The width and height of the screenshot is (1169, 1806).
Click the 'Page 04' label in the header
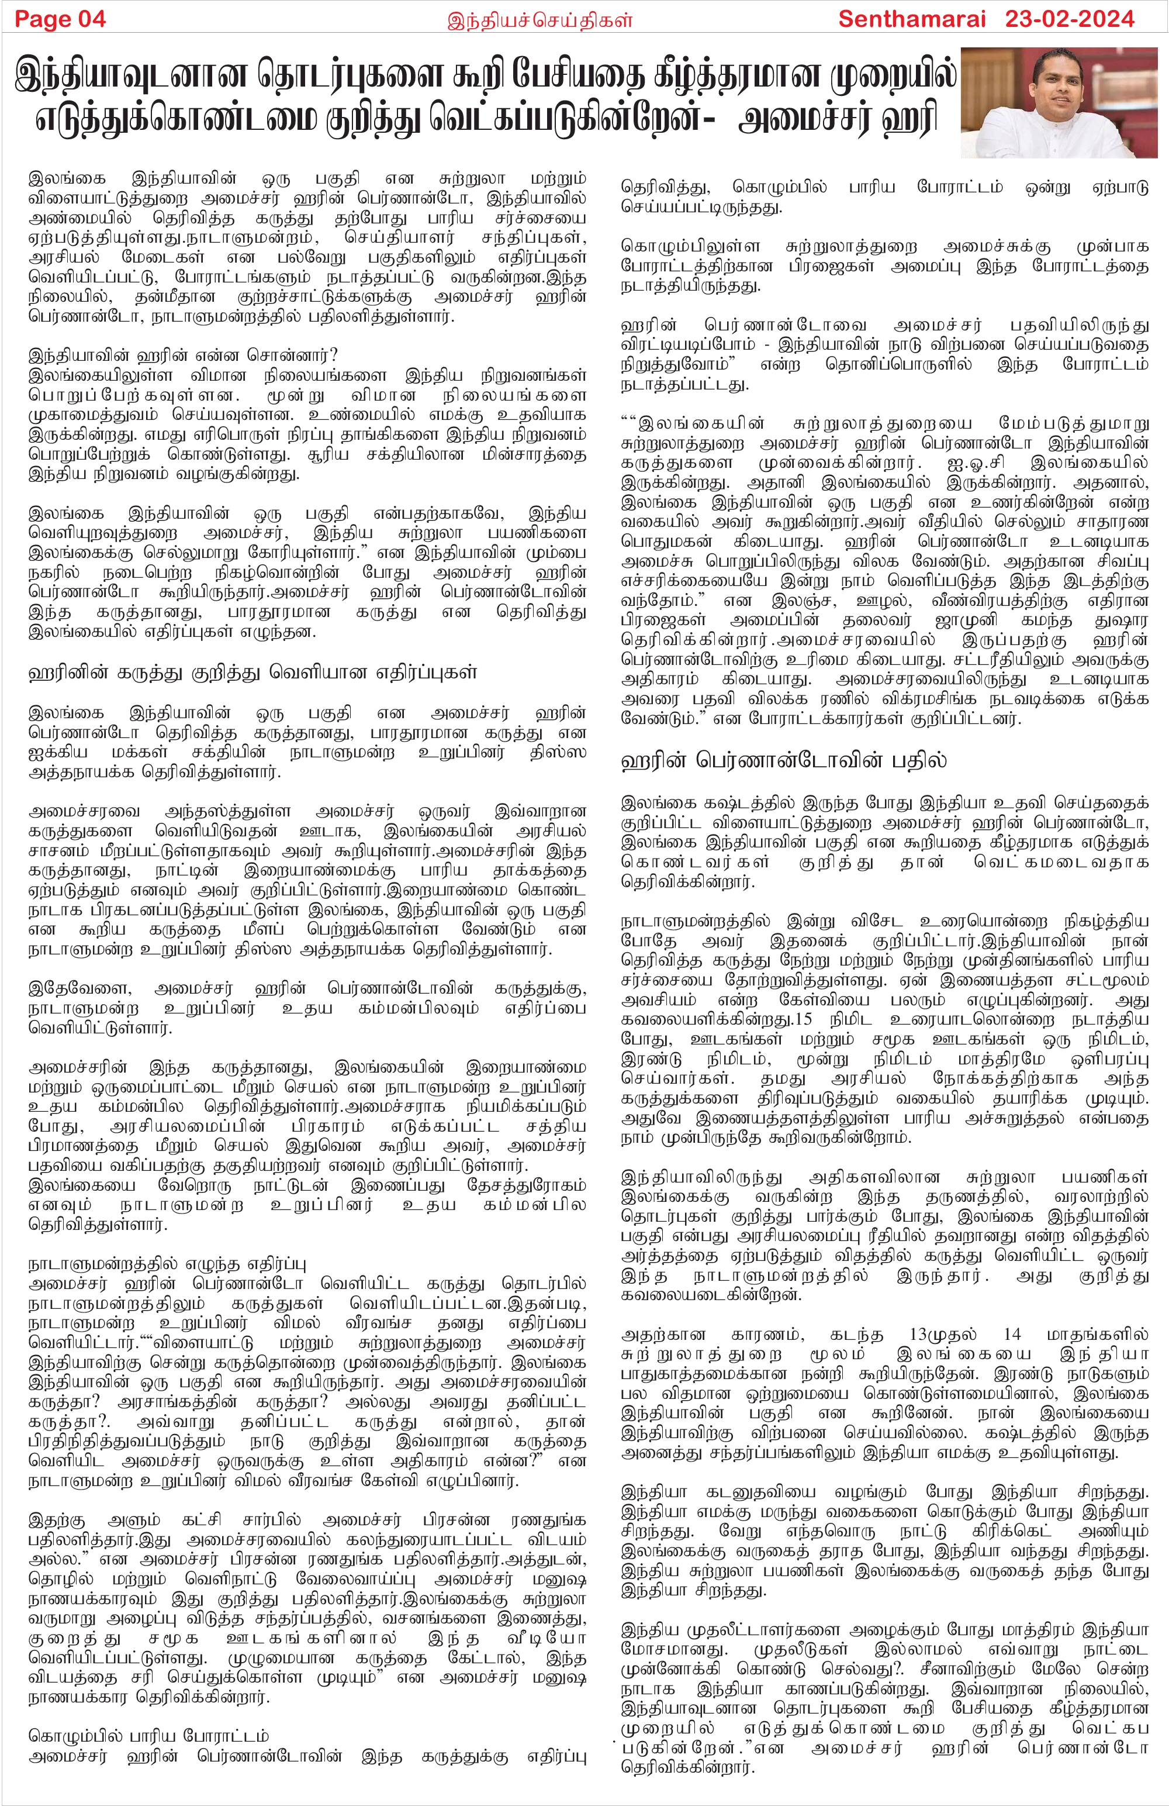[x=60, y=19]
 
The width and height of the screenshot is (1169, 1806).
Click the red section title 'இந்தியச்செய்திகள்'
[x=539, y=20]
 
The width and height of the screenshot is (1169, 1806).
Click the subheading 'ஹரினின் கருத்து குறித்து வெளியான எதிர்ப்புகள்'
[x=253, y=673]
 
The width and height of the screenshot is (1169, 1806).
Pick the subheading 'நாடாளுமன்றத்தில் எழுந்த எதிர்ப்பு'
[x=167, y=1263]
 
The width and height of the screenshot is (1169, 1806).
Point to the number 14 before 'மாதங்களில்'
[x=1012, y=1333]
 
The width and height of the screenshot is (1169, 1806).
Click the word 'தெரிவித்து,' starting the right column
[x=667, y=187]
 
